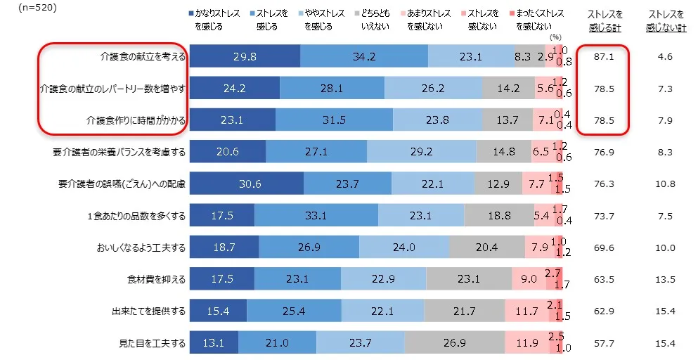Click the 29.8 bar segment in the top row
pos(245,56)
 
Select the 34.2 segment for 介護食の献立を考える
pos(363,56)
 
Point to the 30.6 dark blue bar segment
pos(247,184)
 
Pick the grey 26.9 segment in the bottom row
pos(454,344)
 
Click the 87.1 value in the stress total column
pos(603,56)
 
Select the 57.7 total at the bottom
pos(603,344)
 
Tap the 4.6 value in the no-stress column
pos(666,56)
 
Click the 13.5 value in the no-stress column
pos(665,280)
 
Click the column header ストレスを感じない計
pos(665,19)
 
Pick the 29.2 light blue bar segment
pos(421,152)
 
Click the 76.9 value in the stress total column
pos(603,152)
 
